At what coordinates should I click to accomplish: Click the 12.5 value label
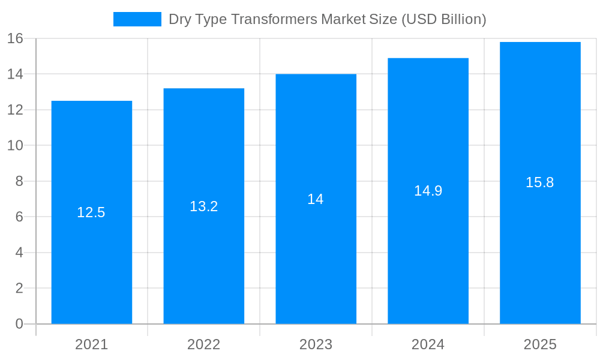coord(91,212)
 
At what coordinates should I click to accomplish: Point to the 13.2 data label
coord(203,206)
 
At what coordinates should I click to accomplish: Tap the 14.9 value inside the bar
coord(428,191)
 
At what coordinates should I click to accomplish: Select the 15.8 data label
coord(540,182)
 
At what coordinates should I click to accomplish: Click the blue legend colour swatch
coord(137,19)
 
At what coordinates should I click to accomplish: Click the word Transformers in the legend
coord(276,19)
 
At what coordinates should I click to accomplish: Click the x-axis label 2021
coord(91,344)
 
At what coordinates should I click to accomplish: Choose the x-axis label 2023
coord(316,344)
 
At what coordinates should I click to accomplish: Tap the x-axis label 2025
coord(540,344)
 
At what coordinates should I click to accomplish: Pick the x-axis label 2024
coord(428,344)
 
